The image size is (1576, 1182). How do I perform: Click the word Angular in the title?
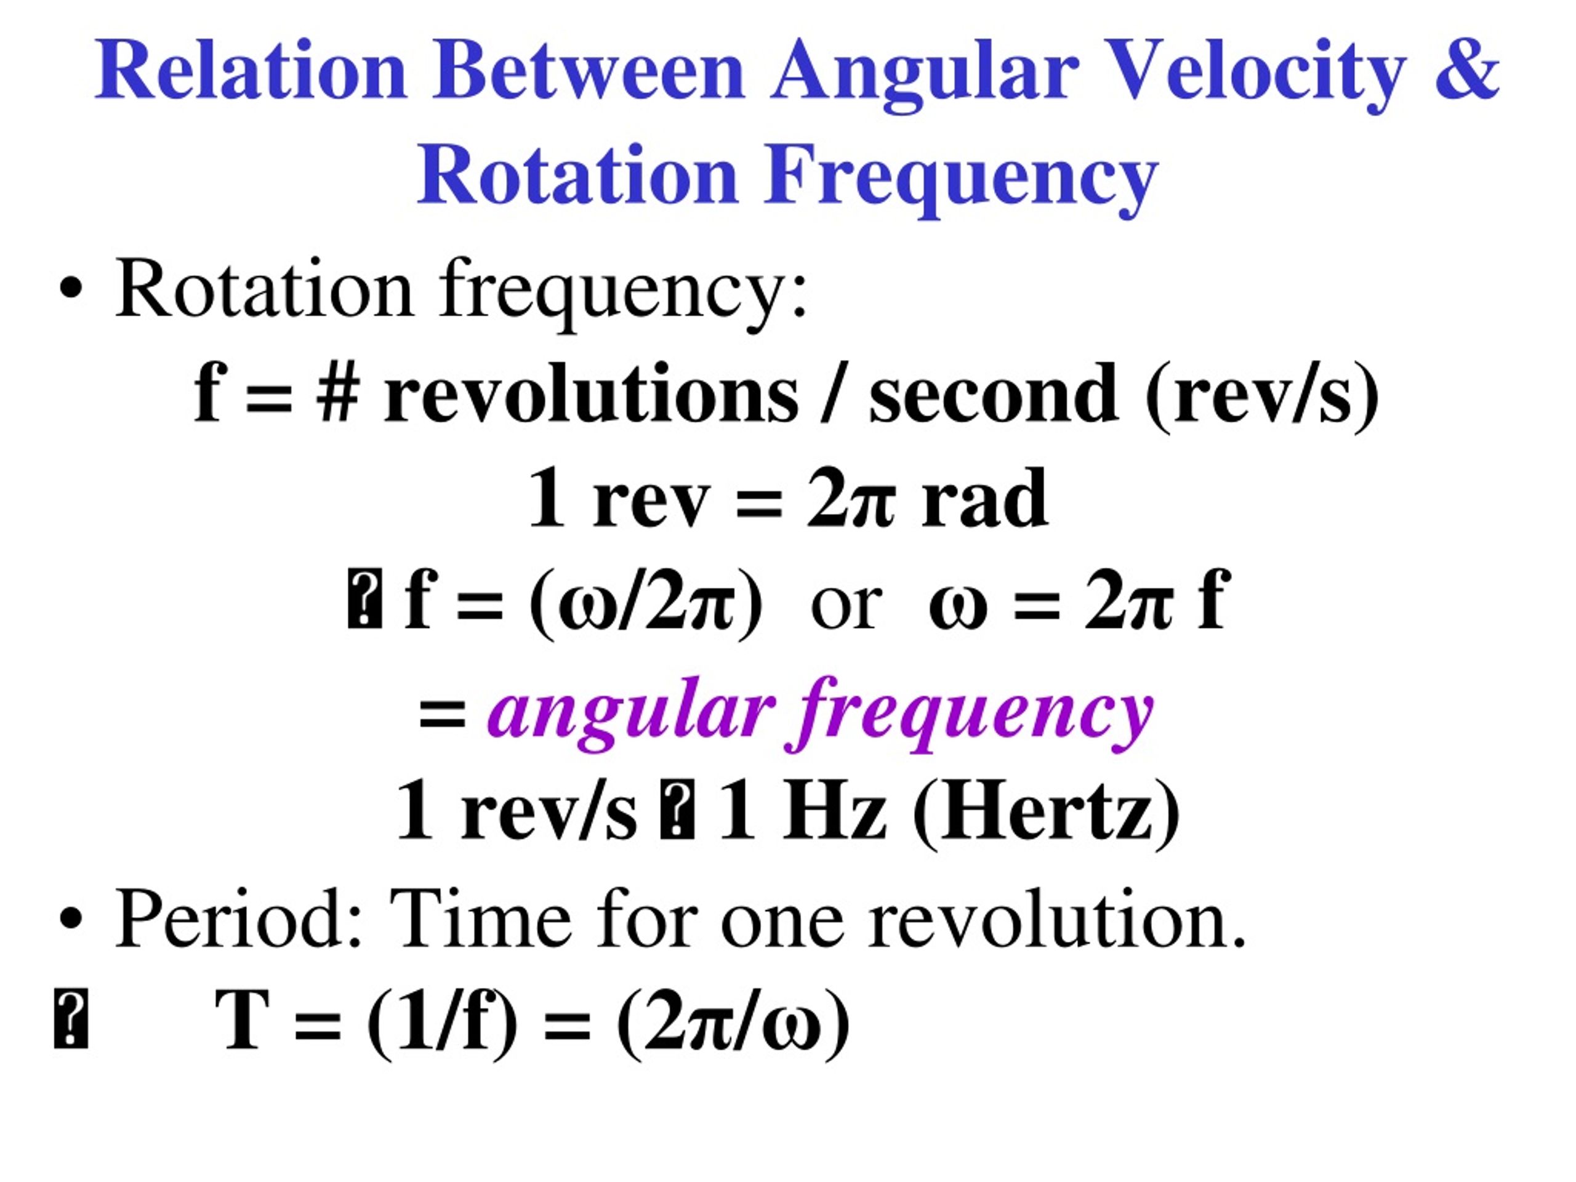pyautogui.click(x=923, y=71)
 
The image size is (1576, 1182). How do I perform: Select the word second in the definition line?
pyautogui.click(x=993, y=394)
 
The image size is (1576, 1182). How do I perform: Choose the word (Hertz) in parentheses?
pyautogui.click(x=1046, y=812)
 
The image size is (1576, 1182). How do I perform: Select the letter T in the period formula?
pyautogui.click(x=242, y=1020)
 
